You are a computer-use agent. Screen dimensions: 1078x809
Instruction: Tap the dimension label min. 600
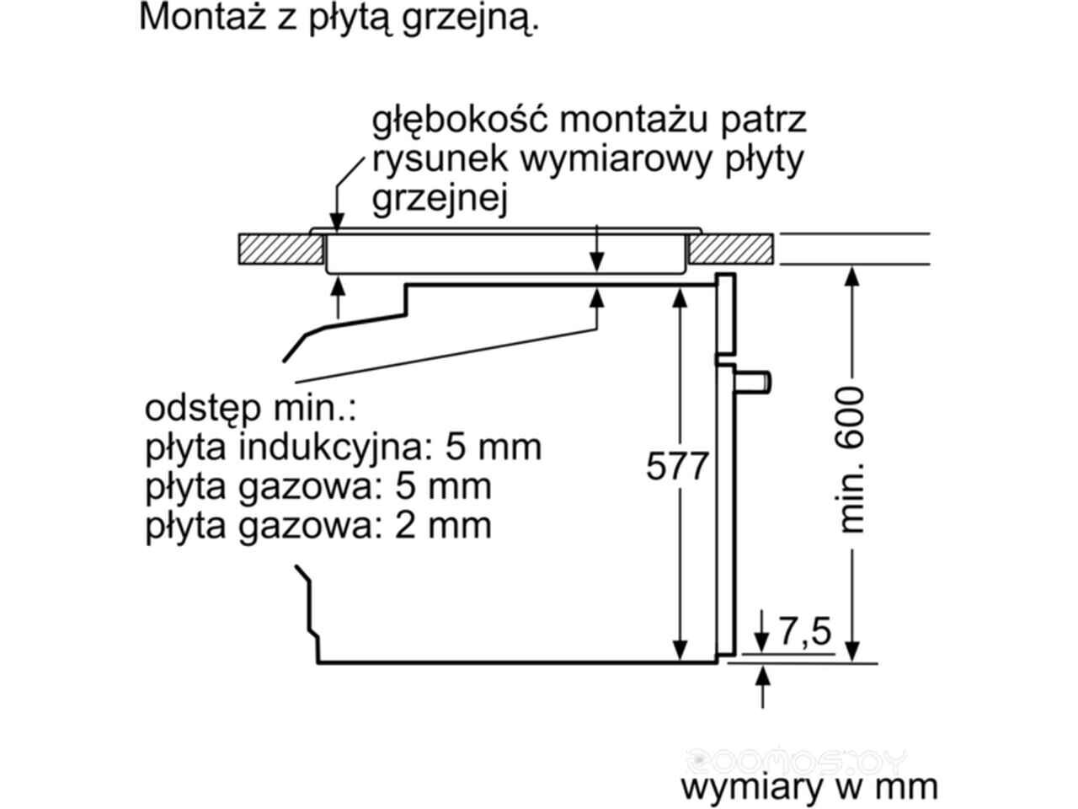point(850,460)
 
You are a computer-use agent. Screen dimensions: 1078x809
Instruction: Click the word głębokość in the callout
point(459,121)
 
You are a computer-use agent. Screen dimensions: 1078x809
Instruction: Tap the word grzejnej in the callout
point(440,200)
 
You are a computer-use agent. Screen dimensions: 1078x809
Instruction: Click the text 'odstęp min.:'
point(250,409)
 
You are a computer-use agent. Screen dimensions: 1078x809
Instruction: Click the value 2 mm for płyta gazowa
point(443,525)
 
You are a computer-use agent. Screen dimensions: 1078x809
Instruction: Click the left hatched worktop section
point(281,249)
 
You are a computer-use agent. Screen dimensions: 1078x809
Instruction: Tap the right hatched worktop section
point(730,249)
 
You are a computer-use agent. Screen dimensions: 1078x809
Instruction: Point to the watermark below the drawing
point(797,762)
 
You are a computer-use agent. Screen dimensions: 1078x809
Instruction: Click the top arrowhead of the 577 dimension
point(679,297)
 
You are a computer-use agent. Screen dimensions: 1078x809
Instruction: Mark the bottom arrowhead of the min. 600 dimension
point(853,651)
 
